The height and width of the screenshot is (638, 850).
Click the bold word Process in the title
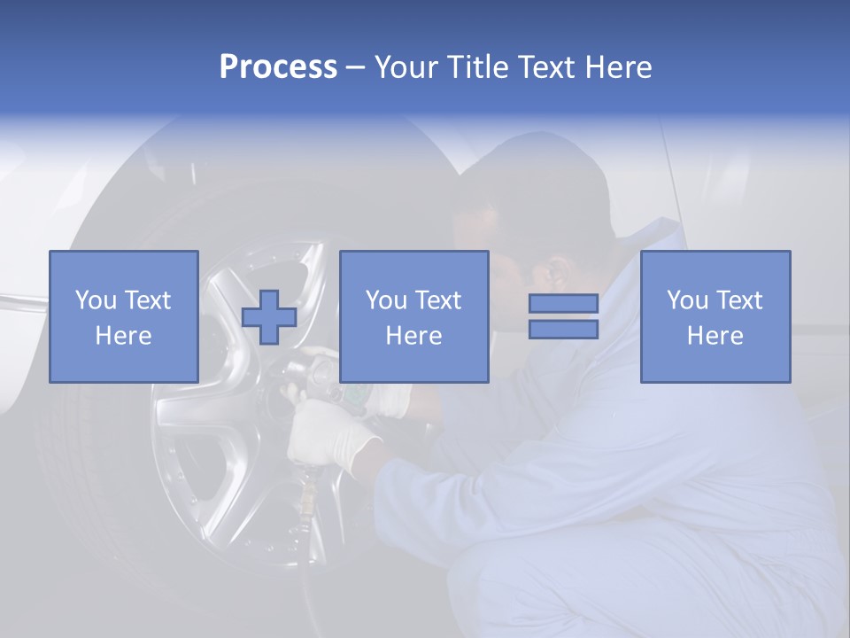[278, 67]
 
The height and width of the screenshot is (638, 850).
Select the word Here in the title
[617, 67]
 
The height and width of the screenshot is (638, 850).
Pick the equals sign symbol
[563, 316]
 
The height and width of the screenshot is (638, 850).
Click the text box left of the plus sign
[124, 316]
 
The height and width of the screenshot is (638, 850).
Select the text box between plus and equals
[413, 316]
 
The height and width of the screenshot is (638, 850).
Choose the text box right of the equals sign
[715, 316]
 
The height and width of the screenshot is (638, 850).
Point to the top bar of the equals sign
[563, 304]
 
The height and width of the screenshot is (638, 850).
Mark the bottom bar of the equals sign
[563, 330]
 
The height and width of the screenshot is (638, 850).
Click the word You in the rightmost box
[686, 300]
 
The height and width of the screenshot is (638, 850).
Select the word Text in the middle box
[437, 300]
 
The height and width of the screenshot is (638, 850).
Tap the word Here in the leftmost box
[123, 336]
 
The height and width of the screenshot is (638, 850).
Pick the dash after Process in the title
[355, 68]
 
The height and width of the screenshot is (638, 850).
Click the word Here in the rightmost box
[715, 336]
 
